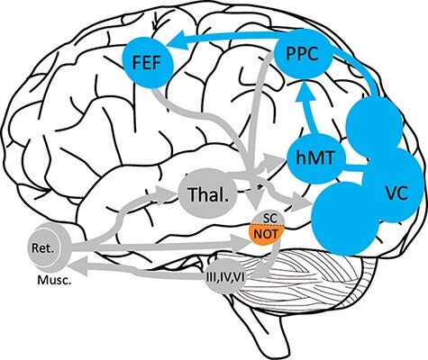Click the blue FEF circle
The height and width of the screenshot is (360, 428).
148,64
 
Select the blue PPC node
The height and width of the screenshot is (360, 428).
304,54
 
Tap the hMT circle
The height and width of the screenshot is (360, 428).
314,158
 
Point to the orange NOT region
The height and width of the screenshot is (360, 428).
266,234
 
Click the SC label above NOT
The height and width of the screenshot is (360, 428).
269,219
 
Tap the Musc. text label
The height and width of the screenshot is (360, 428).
55,280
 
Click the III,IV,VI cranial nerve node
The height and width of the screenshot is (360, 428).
226,276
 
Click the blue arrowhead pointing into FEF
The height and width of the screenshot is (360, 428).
177,41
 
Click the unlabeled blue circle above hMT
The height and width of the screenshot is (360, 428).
375,124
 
